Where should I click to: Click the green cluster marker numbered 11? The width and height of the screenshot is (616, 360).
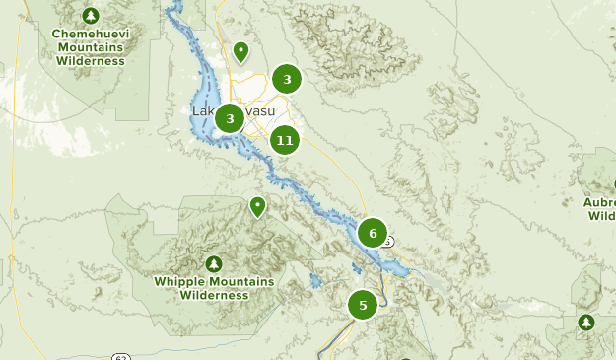pyautogui.click(x=285, y=140)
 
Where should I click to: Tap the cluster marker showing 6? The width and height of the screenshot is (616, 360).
pyautogui.click(x=372, y=233)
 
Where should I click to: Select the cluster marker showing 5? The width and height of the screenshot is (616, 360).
pyautogui.click(x=363, y=305)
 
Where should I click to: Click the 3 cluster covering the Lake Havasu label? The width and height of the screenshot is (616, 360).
pyautogui.click(x=230, y=119)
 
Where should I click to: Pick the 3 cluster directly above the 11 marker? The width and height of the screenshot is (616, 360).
pyautogui.click(x=287, y=79)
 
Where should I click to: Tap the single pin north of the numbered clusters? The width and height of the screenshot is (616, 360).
pyautogui.click(x=240, y=51)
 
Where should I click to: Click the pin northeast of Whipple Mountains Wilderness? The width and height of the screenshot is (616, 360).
pyautogui.click(x=257, y=206)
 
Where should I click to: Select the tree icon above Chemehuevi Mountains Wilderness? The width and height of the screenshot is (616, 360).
pyautogui.click(x=91, y=16)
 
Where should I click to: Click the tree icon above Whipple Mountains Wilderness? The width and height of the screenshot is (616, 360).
pyautogui.click(x=214, y=263)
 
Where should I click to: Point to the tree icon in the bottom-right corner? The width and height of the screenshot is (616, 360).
pyautogui.click(x=586, y=322)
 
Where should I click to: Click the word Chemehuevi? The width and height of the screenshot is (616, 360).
pyautogui.click(x=91, y=33)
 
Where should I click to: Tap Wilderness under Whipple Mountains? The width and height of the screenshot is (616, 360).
pyautogui.click(x=215, y=295)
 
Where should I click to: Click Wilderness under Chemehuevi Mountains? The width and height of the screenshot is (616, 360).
pyautogui.click(x=91, y=60)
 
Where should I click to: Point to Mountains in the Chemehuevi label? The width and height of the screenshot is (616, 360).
pyautogui.click(x=91, y=46)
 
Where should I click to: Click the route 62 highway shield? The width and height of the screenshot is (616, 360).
pyautogui.click(x=119, y=355)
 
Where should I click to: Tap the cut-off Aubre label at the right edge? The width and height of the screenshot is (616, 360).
pyautogui.click(x=599, y=201)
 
